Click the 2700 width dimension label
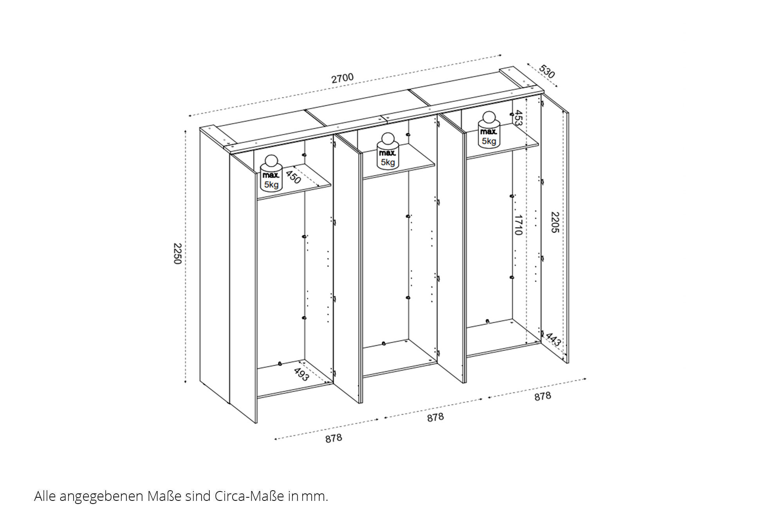(343, 78)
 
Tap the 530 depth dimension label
(547, 71)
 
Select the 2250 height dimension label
(177, 253)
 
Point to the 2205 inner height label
(555, 222)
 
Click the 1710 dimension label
(518, 225)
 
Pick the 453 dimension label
(518, 118)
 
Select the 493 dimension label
(301, 374)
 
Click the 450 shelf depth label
(293, 177)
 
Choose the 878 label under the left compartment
(334, 438)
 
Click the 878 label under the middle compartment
(435, 417)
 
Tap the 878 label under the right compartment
(543, 396)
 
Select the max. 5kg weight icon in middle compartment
(388, 151)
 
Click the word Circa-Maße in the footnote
(249, 496)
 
